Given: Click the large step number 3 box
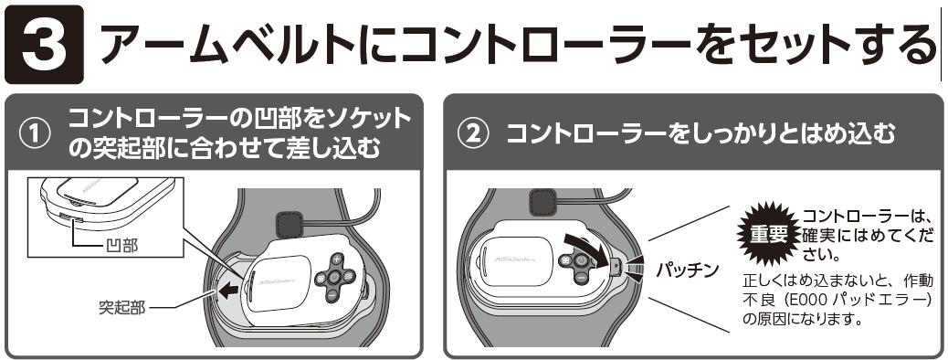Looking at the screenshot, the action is pyautogui.click(x=44, y=44).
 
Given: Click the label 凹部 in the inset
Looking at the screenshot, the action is pyautogui.click(x=121, y=245).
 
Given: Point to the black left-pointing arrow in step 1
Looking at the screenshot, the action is pyautogui.click(x=228, y=292).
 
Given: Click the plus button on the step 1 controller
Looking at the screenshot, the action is pyautogui.click(x=337, y=259).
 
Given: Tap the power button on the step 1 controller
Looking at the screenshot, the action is pyautogui.click(x=334, y=278).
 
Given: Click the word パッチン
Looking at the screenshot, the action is pyautogui.click(x=688, y=270).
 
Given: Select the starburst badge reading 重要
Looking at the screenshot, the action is pyautogui.click(x=766, y=234).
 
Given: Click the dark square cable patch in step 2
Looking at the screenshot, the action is pyautogui.click(x=542, y=201).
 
